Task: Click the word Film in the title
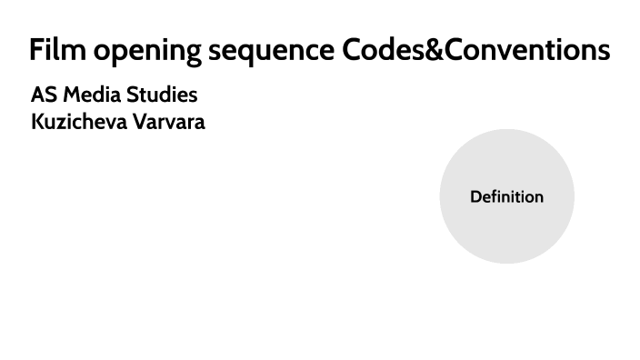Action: pos(55,50)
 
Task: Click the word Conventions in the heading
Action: pos(526,50)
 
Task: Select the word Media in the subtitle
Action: pos(88,95)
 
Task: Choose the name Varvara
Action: pos(169,122)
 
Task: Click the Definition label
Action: pos(506,196)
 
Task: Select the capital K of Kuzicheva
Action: pos(37,122)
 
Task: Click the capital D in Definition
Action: pos(475,196)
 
